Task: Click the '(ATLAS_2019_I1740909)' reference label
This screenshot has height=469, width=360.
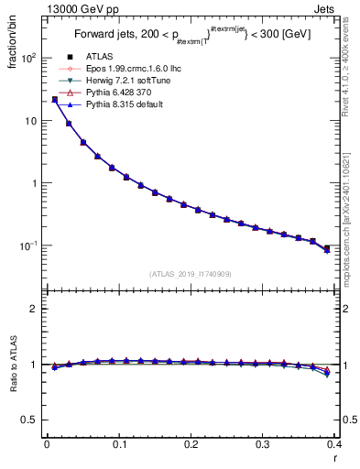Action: pos(191,274)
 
